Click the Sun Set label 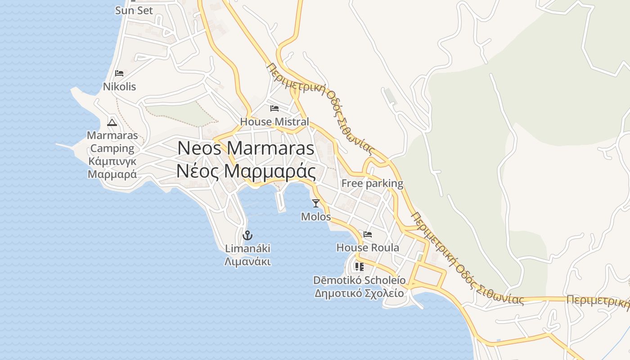[134, 10]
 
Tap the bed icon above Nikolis [119, 73]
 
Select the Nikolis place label [119, 86]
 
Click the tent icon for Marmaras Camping [112, 122]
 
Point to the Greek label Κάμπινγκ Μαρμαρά [112, 168]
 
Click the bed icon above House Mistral [274, 108]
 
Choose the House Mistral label [274, 121]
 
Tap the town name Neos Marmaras [246, 148]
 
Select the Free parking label [372, 183]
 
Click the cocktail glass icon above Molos [316, 203]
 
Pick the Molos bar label [316, 217]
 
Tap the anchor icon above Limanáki [247, 235]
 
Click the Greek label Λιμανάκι [247, 261]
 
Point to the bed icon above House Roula [368, 234]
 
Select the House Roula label [368, 247]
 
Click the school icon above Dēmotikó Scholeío [359, 267]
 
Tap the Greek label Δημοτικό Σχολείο [359, 293]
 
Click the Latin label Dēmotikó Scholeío [359, 280]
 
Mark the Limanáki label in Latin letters [247, 248]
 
